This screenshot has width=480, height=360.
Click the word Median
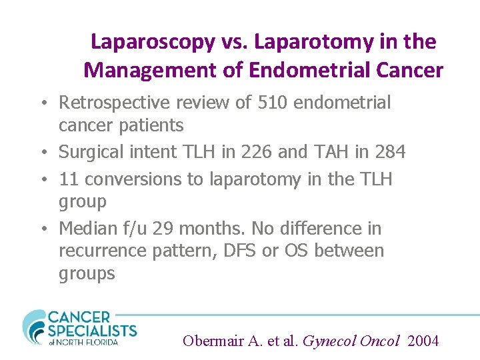(87, 229)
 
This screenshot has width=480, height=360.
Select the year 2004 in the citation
(423, 341)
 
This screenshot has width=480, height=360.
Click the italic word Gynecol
(329, 341)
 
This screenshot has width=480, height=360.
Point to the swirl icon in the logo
(33, 327)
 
